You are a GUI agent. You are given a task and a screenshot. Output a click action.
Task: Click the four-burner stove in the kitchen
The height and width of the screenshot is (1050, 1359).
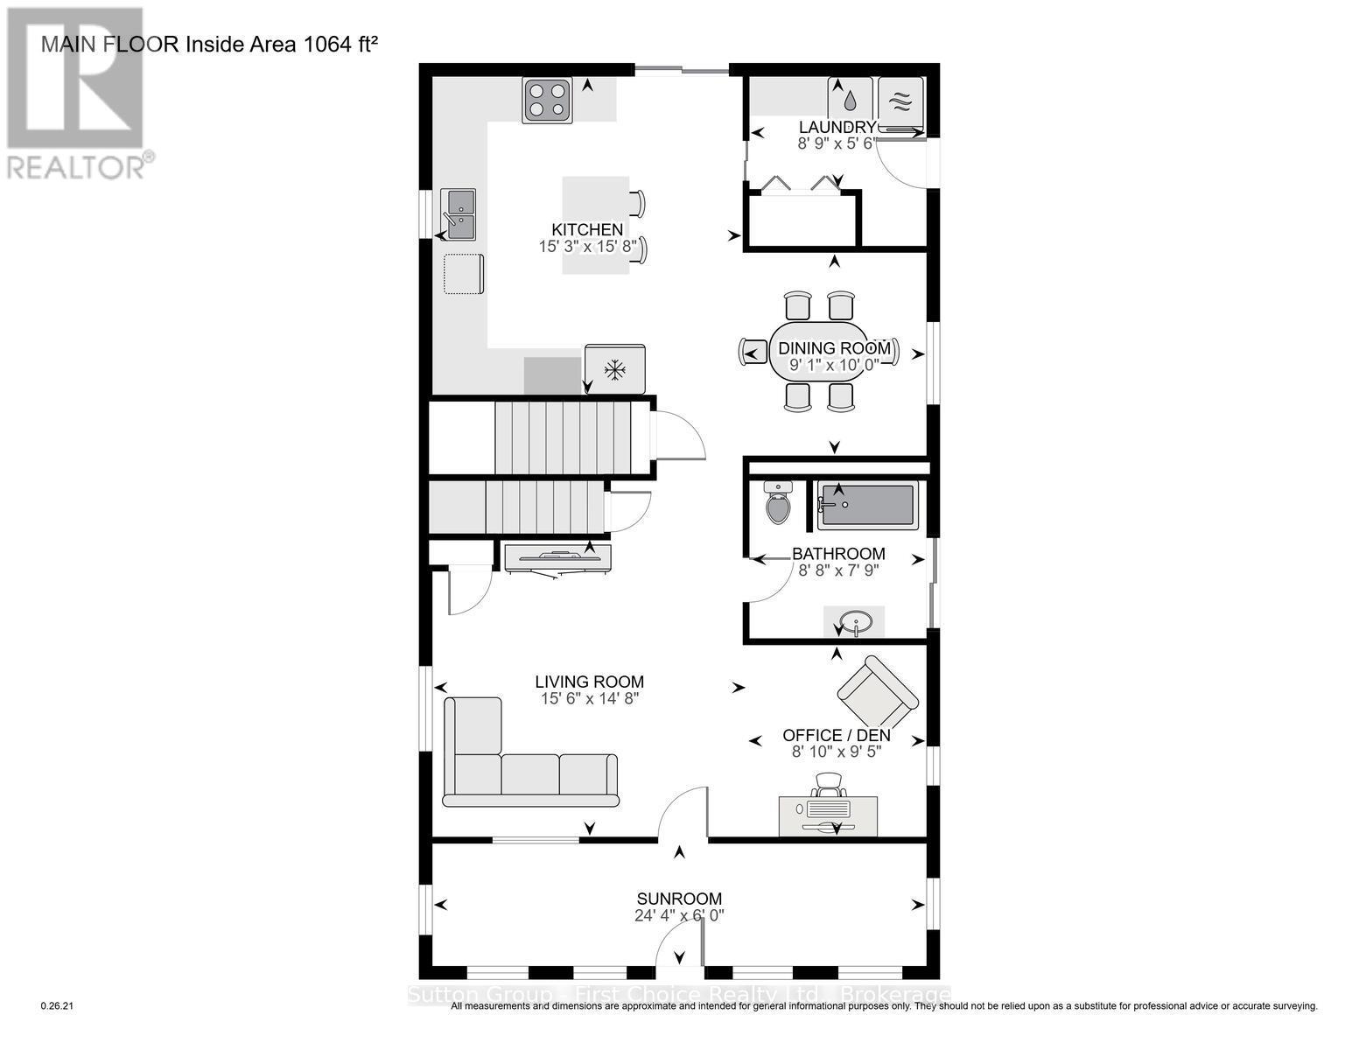pyautogui.click(x=548, y=100)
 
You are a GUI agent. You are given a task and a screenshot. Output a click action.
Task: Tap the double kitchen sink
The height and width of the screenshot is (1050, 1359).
pyautogui.click(x=459, y=214)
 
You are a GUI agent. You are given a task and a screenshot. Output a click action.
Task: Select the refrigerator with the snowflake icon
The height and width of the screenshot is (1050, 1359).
pyautogui.click(x=615, y=369)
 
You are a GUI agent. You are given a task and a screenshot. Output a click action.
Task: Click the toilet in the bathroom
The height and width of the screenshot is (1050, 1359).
pyautogui.click(x=777, y=503)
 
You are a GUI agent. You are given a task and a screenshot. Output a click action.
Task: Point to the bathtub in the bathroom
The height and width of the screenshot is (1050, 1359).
pyautogui.click(x=867, y=506)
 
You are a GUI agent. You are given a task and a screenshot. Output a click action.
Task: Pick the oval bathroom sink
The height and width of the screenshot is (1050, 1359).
pyautogui.click(x=854, y=623)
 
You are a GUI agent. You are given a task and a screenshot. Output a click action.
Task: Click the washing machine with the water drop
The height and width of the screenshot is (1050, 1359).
pyautogui.click(x=851, y=98)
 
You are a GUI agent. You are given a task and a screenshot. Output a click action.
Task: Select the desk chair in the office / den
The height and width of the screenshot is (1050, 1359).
pyautogui.click(x=829, y=786)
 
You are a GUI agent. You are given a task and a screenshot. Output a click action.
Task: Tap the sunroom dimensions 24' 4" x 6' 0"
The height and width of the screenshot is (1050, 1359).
pyautogui.click(x=679, y=916)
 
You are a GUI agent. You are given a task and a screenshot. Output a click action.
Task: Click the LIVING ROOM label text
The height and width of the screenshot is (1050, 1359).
pyautogui.click(x=590, y=682)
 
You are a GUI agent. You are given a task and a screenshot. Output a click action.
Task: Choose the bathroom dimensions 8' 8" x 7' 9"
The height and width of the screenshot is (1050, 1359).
pyautogui.click(x=838, y=570)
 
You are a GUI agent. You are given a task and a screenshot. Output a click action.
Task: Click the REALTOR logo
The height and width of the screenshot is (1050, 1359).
pyautogui.click(x=76, y=92)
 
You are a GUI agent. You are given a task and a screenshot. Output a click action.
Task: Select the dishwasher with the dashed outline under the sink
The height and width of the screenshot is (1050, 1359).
pyautogui.click(x=464, y=275)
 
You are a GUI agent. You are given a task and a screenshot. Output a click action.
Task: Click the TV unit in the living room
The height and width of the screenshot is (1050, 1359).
pyautogui.click(x=557, y=557)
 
